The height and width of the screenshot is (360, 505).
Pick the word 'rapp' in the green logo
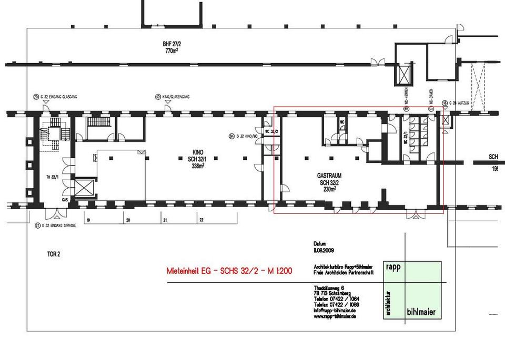[x=393, y=266]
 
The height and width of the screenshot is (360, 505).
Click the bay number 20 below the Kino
[x=128, y=221]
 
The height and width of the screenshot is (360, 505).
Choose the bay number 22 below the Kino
[x=201, y=221]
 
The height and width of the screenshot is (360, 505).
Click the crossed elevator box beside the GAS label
[x=84, y=188]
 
